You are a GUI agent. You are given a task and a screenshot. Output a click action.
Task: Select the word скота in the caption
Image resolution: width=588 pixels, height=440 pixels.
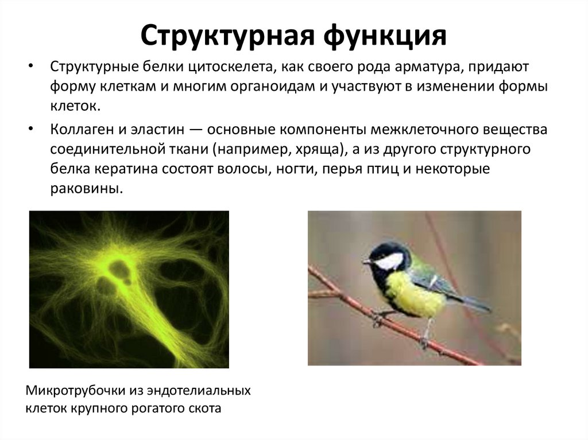(205, 410)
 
